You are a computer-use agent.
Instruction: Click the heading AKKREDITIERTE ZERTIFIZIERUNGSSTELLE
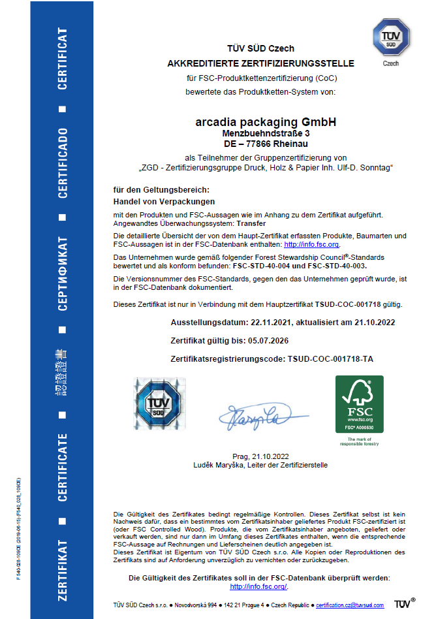(261, 63)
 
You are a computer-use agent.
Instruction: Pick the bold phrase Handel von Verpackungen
(164, 202)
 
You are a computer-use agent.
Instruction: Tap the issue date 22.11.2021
(272, 323)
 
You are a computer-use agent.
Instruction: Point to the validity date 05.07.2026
(267, 341)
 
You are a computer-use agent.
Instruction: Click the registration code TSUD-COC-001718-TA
(330, 359)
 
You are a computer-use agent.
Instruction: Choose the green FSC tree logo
(359, 404)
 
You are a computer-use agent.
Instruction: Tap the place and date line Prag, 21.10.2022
(260, 456)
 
